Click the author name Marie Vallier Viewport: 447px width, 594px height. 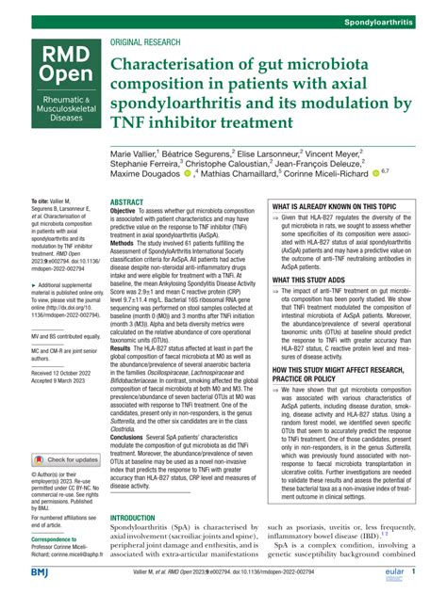pos(140,153)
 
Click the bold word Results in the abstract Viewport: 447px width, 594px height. pos(124,348)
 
